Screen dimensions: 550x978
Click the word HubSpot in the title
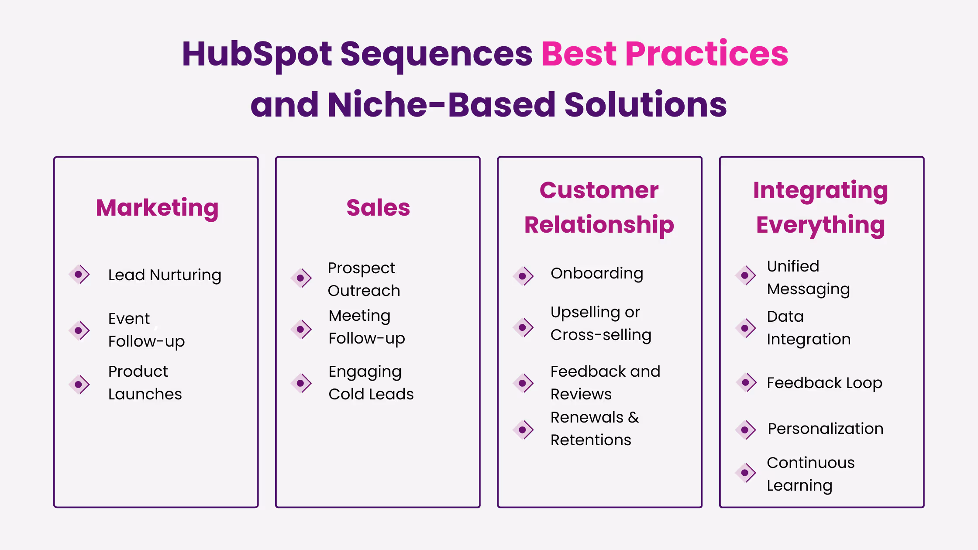click(x=257, y=54)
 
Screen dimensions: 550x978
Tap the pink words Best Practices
click(x=665, y=54)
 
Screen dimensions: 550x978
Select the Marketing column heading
click(x=157, y=208)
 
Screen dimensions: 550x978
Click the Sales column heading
click(x=378, y=208)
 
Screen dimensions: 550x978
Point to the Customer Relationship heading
click(x=599, y=207)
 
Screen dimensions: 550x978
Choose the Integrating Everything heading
click(x=821, y=207)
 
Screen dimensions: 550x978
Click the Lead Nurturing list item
click(x=165, y=275)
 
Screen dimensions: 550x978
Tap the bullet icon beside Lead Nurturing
click(x=79, y=275)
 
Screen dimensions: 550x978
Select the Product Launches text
click(x=145, y=383)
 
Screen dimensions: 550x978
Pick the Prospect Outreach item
click(x=364, y=279)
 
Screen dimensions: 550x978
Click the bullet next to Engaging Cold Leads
click(x=301, y=383)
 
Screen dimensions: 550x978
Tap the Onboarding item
click(x=597, y=274)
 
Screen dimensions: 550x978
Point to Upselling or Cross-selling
click(x=601, y=324)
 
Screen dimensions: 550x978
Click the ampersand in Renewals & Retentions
click(x=634, y=418)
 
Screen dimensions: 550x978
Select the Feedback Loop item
click(x=824, y=383)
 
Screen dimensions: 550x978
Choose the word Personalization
click(x=826, y=429)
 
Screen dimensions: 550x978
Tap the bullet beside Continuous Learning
click(x=745, y=473)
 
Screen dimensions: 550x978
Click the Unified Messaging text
click(x=808, y=278)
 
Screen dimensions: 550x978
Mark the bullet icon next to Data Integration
click(x=745, y=328)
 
